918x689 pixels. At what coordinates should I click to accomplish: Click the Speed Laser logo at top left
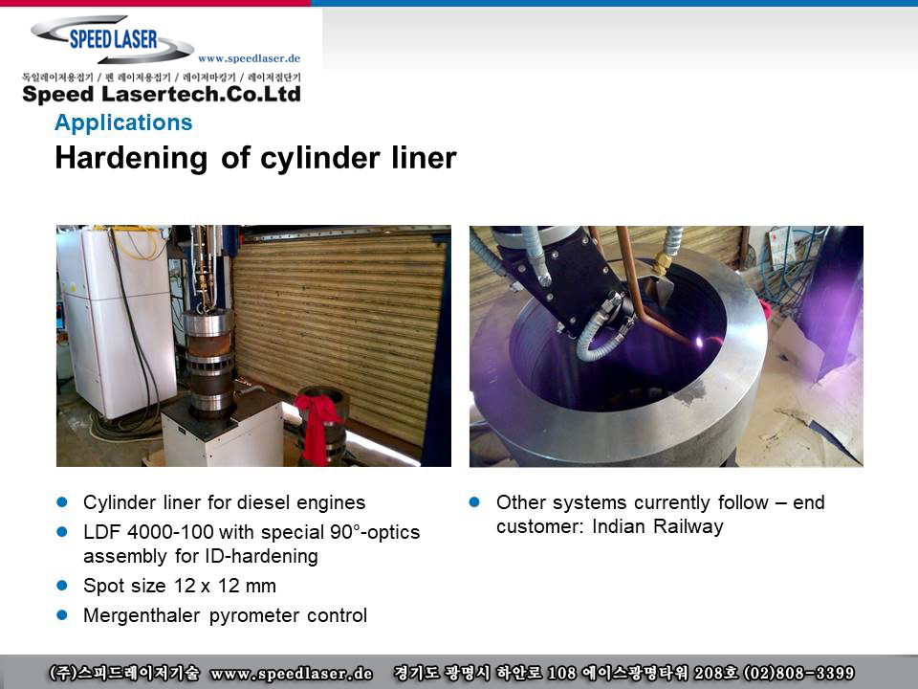[113, 39]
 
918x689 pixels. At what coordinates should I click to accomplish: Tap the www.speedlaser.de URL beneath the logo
[249, 58]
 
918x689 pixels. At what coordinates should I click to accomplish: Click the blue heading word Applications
[123, 122]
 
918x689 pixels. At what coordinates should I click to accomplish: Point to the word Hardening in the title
[131, 158]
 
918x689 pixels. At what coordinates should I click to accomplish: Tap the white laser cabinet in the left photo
[117, 322]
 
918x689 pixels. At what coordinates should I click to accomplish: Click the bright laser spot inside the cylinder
[698, 343]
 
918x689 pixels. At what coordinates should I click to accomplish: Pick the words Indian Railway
[658, 526]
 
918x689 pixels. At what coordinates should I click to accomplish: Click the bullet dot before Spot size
[62, 586]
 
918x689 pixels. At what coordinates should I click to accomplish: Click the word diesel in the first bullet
[263, 502]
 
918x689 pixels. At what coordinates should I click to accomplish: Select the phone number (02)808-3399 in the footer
[798, 673]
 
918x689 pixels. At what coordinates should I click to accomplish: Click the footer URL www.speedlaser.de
[291, 673]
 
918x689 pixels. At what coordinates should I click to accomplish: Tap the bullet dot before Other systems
[475, 502]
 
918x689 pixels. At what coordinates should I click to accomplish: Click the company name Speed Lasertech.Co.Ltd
[162, 95]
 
